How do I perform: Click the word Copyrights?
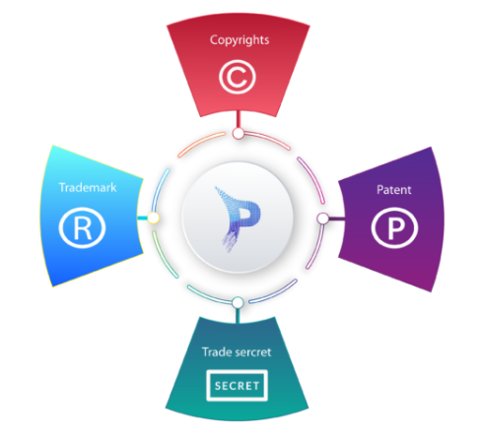click(x=240, y=40)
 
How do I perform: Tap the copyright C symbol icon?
click(x=238, y=77)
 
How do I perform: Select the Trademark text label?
click(x=88, y=187)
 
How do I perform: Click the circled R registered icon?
click(x=82, y=227)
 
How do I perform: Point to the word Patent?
click(x=393, y=190)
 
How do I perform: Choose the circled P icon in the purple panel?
click(x=394, y=227)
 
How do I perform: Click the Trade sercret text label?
click(x=237, y=352)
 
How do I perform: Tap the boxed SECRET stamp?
click(x=237, y=386)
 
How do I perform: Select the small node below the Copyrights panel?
click(x=239, y=134)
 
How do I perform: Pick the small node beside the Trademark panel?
click(x=153, y=218)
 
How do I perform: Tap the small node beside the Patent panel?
click(x=323, y=219)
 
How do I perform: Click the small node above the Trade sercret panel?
click(x=238, y=302)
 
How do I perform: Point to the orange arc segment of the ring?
click(x=200, y=142)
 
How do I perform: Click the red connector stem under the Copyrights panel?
click(x=239, y=120)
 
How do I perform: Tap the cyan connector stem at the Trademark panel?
click(x=142, y=218)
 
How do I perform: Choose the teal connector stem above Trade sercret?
click(x=238, y=315)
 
